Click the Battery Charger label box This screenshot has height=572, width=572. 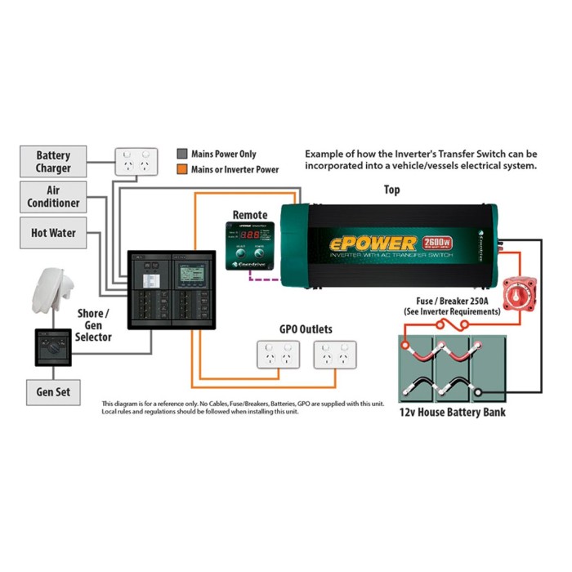(53, 162)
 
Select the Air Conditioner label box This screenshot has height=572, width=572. (53, 196)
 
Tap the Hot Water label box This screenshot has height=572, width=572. (53, 233)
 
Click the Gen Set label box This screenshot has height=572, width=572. (53, 392)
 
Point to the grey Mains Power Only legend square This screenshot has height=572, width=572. (182, 154)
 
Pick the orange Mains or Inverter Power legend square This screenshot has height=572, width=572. (182, 169)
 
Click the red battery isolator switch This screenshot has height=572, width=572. (517, 292)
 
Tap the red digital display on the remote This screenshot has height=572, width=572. (250, 234)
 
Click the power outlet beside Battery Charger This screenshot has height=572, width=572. (136, 163)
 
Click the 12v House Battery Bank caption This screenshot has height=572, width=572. (452, 412)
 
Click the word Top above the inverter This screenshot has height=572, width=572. (392, 190)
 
